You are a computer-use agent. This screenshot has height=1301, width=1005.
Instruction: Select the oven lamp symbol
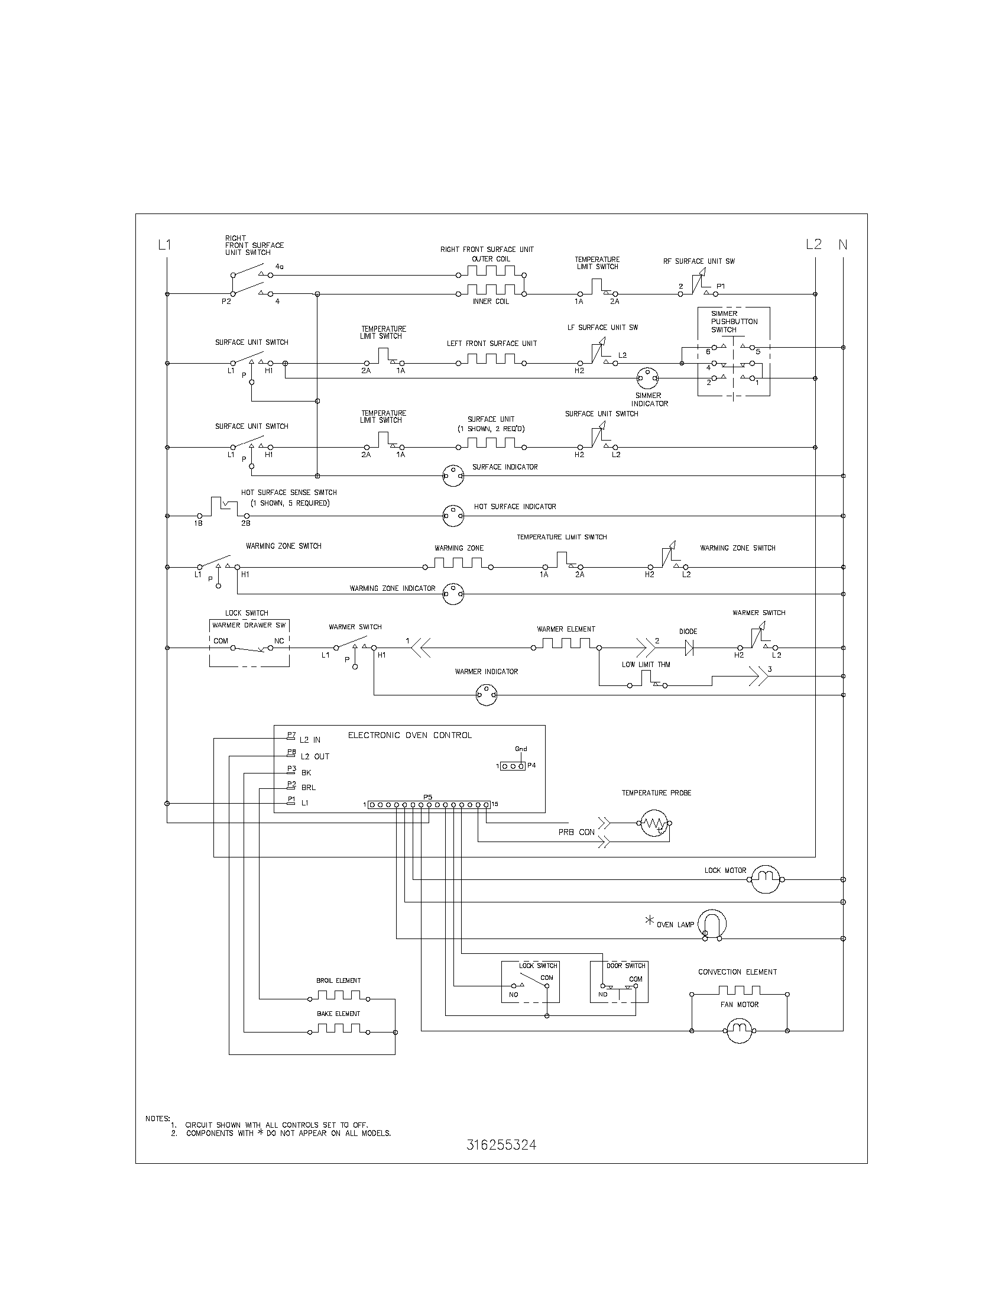coord(712,925)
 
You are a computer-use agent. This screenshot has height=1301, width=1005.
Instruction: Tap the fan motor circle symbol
coord(739,1030)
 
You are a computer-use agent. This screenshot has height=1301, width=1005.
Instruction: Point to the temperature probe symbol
coord(654,824)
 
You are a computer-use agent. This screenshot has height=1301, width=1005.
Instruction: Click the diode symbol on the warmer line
coord(689,648)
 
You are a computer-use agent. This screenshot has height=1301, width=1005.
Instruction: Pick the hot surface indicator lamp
coord(453,515)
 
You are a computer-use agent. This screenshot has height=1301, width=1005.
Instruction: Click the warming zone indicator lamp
coord(453,594)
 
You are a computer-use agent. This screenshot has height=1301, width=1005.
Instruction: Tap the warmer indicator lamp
coord(487,695)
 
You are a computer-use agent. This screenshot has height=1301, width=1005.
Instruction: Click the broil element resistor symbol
coord(338,995)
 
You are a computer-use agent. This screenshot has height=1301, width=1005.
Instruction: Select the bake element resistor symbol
coord(338,1029)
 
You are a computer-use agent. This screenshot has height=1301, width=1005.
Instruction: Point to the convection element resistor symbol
coord(739,991)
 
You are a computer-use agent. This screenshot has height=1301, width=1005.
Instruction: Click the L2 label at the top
coord(813,244)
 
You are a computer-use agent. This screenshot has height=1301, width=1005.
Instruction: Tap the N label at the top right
coord(843,244)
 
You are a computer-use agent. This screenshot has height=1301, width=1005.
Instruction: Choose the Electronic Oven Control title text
coord(410,735)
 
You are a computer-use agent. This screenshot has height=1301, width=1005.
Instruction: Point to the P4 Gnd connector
coord(513,766)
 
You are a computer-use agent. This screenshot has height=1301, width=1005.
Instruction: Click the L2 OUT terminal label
coord(315,756)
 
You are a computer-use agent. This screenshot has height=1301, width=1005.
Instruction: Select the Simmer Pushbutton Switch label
coord(733,322)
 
